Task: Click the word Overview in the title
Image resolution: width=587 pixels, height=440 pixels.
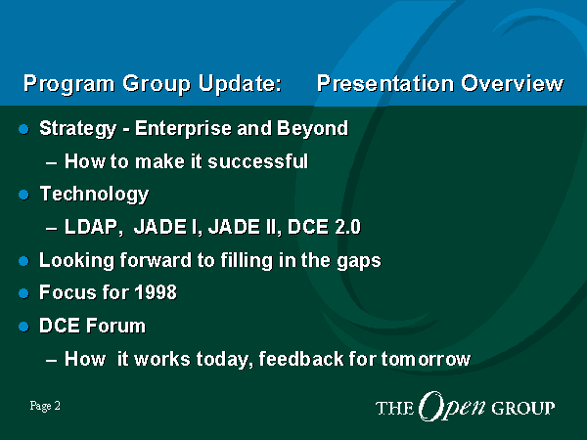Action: [512, 83]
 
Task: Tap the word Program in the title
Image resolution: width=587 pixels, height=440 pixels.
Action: [68, 84]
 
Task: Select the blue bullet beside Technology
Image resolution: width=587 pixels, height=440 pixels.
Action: [23, 195]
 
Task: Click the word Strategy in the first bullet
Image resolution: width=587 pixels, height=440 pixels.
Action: [78, 129]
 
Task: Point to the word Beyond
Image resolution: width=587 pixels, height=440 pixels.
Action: [313, 129]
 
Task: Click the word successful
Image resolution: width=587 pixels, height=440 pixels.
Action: [258, 161]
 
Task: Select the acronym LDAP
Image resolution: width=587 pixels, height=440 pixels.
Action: [94, 227]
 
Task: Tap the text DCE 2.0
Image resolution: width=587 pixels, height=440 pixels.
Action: [324, 227]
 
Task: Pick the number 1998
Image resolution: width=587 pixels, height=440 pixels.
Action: [156, 292]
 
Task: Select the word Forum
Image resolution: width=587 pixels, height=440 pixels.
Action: [115, 326]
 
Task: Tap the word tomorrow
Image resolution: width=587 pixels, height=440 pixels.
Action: [426, 359]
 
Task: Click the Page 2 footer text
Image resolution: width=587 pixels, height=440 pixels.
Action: [45, 406]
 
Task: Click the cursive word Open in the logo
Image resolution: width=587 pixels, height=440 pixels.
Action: [452, 407]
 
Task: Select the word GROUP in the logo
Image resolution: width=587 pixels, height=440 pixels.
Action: [522, 408]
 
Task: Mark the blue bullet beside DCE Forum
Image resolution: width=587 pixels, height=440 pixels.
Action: [23, 327]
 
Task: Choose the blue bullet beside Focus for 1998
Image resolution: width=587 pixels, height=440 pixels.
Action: [23, 293]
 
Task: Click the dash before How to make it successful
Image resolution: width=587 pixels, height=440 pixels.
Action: [51, 163]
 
